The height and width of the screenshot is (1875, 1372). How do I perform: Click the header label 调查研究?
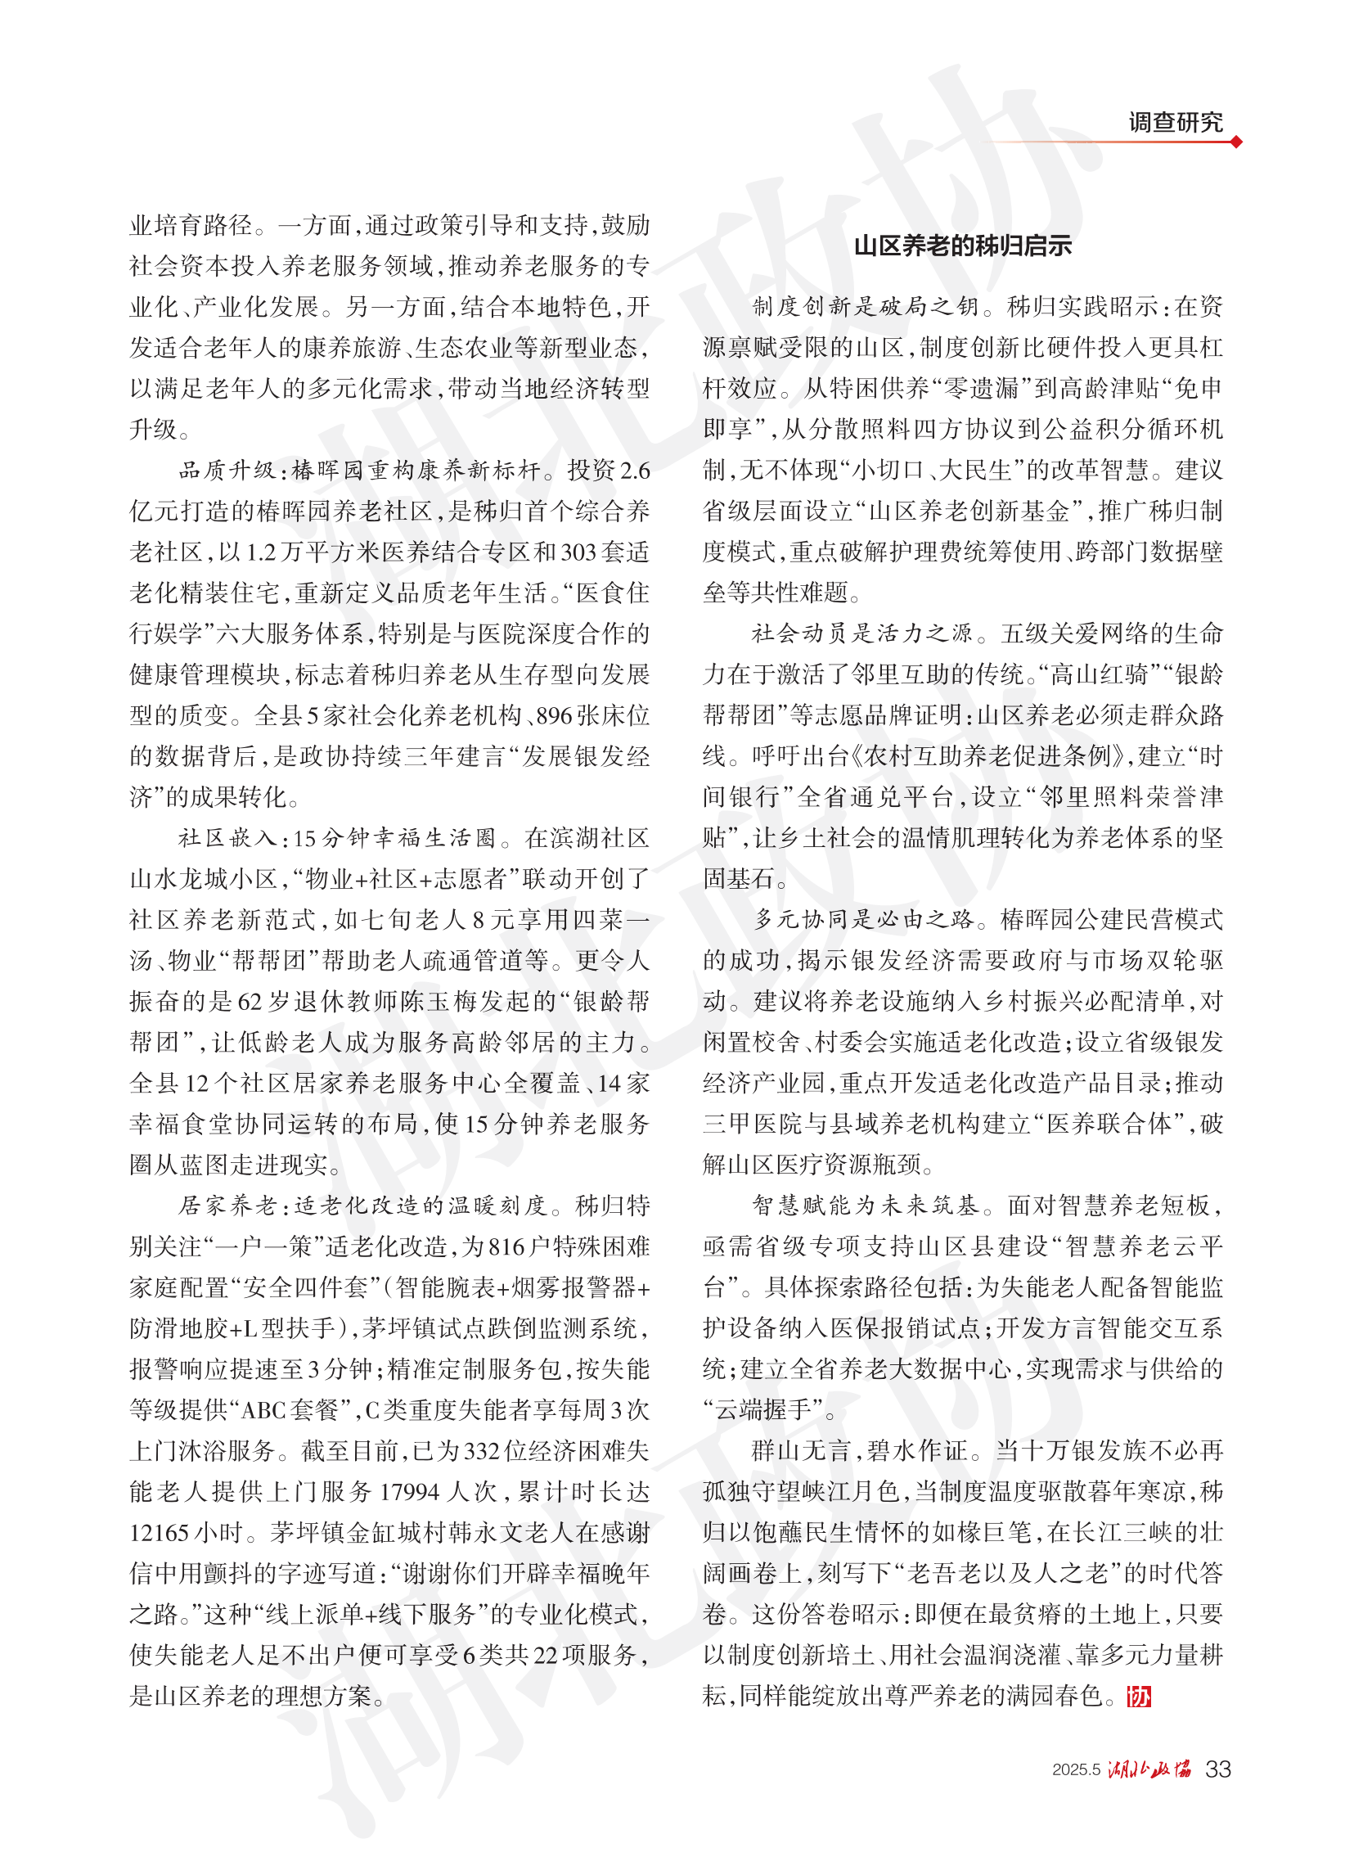[x=1174, y=122]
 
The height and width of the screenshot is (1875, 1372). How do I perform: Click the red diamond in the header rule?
[x=1237, y=142]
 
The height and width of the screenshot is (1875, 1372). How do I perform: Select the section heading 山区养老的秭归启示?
[x=963, y=246]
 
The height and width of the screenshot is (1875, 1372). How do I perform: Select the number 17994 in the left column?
[x=409, y=1492]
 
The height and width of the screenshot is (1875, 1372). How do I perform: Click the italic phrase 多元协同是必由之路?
[x=864, y=920]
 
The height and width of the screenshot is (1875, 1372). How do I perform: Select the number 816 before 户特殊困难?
[x=506, y=1247]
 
